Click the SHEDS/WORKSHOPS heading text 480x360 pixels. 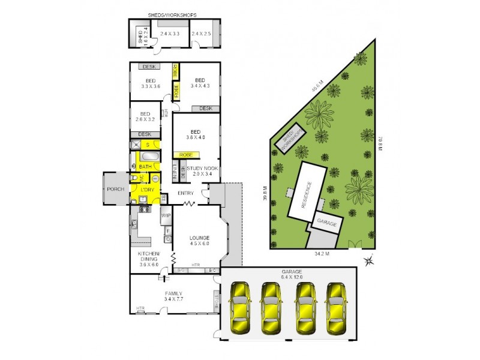(172, 14)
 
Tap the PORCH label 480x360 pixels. (115, 190)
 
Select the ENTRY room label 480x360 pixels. (185, 193)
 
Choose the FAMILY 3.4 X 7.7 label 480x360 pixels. (173, 296)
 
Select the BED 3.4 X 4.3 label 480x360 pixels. (200, 83)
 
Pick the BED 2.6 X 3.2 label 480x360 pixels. (145, 117)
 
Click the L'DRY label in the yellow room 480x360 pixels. (147, 190)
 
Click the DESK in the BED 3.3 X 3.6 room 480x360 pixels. (148, 67)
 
